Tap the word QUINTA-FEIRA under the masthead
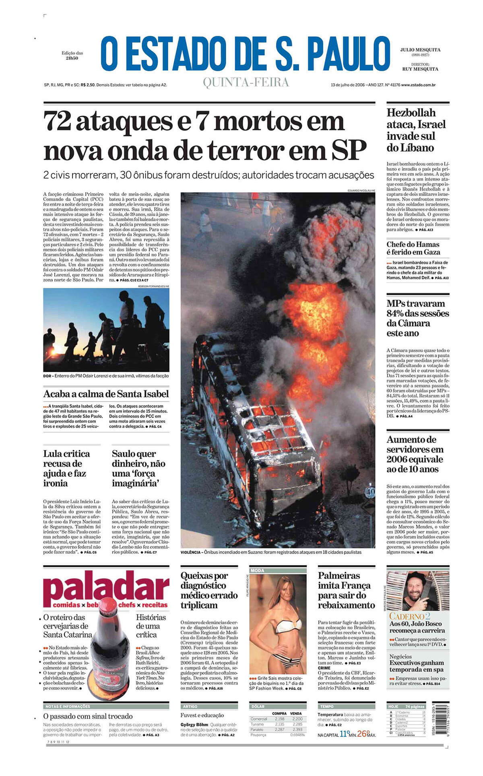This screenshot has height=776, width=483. pos(246,82)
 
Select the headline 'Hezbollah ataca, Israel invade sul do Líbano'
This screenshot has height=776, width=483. pos(416,130)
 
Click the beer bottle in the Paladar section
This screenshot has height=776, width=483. pos(109,644)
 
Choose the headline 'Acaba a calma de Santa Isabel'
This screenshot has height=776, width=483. pos(106,394)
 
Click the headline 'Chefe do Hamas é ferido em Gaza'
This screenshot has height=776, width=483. pos(413,248)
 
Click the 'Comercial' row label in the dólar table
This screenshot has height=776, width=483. pos(259,719)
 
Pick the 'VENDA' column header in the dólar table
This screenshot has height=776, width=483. pos(296,713)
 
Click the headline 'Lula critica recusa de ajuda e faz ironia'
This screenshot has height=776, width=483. pos(67,468)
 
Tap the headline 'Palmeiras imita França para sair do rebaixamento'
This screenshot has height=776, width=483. pos(346,590)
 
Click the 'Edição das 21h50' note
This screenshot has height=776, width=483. pos(72,56)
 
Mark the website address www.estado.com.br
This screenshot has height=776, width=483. pos(418,85)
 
